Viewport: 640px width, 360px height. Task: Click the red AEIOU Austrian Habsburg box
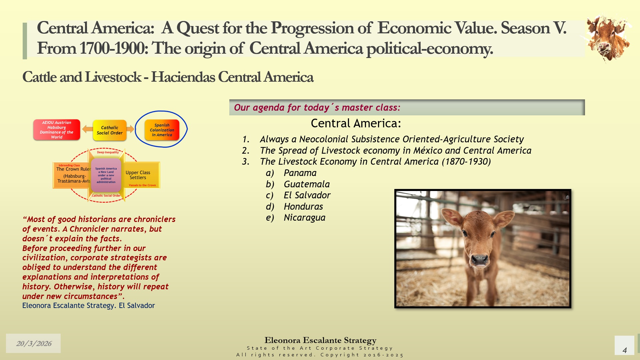tap(57, 130)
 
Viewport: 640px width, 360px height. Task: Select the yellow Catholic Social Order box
tap(110, 130)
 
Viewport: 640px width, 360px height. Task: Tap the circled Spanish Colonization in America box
tap(162, 130)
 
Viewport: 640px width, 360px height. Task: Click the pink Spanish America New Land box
tap(106, 175)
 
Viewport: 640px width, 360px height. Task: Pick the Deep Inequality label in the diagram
tap(108, 152)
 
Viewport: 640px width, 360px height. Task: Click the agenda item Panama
tap(300, 173)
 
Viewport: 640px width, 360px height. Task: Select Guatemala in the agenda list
tap(307, 184)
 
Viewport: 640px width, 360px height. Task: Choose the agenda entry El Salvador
tap(307, 195)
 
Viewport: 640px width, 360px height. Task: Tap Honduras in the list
tap(303, 207)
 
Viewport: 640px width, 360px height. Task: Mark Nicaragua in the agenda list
tap(304, 218)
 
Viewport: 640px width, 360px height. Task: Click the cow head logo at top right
tap(607, 39)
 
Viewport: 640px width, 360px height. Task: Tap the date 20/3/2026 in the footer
tap(34, 343)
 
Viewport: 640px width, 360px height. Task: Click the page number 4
tap(625, 350)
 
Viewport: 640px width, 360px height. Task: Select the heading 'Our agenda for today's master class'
tap(317, 107)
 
